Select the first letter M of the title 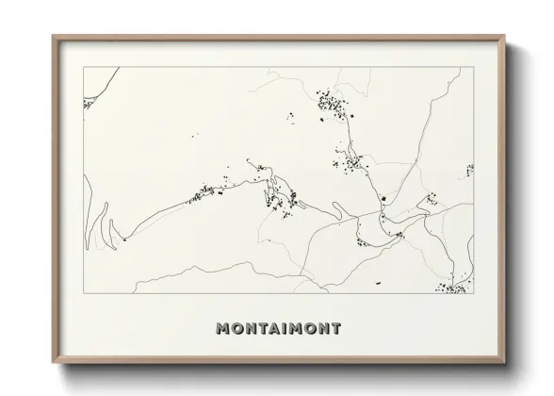[222, 329]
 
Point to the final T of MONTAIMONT [335, 329]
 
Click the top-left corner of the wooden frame [54, 37]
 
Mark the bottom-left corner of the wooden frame [54, 361]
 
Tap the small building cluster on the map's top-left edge [88, 104]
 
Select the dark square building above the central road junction [384, 199]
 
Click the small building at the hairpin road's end [123, 239]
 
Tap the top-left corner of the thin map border [84, 67]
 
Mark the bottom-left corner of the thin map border [84, 293]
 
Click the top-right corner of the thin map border [473, 67]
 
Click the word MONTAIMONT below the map [278, 329]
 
